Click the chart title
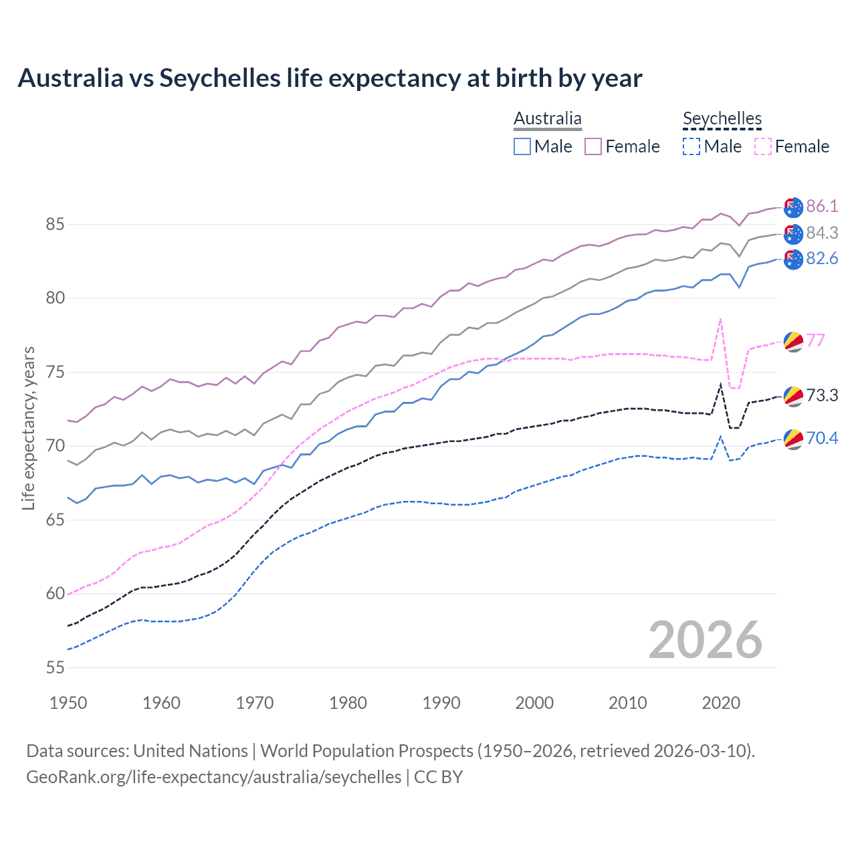[x=330, y=78]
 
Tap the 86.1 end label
[x=822, y=206]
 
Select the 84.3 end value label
[x=822, y=233]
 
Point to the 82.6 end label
[x=822, y=259]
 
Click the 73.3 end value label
[x=822, y=395]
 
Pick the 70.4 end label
[x=822, y=438]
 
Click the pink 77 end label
[x=816, y=340]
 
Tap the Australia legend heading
[x=548, y=118]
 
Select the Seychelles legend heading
[x=722, y=118]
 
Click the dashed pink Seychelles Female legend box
[x=763, y=146]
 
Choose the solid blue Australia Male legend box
[x=522, y=146]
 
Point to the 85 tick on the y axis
[x=56, y=224]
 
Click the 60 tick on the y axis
[x=56, y=593]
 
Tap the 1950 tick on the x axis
[x=68, y=703]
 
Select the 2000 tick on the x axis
[x=534, y=703]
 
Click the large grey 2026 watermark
[x=706, y=640]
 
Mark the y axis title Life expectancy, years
[x=29, y=428]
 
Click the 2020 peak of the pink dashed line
[x=720, y=320]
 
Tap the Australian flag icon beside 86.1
[x=793, y=207]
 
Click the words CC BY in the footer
[x=438, y=777]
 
